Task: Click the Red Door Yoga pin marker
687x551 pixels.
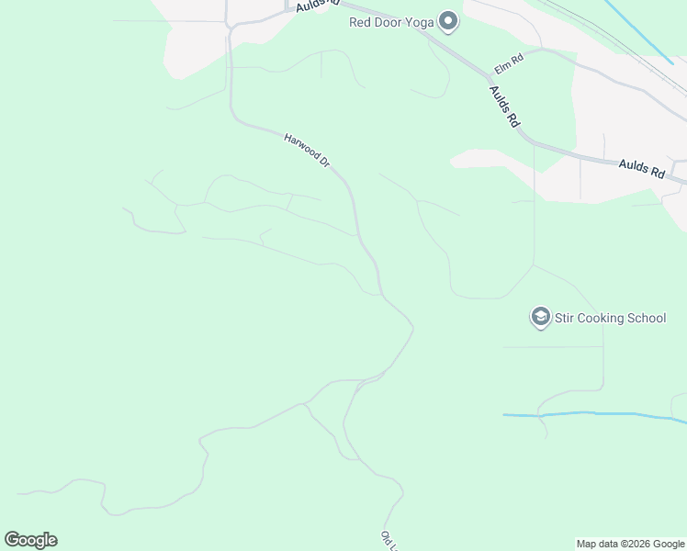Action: click(448, 20)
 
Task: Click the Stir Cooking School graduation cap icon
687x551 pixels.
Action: click(539, 318)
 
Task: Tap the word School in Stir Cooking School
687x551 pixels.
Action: click(648, 319)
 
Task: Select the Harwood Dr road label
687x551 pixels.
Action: click(307, 150)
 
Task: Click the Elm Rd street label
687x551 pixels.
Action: click(508, 63)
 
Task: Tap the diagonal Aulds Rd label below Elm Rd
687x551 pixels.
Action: click(505, 106)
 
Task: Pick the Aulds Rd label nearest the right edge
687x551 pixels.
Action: click(641, 165)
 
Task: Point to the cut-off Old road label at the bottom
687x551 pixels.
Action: click(389, 541)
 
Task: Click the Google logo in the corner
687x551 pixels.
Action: click(30, 540)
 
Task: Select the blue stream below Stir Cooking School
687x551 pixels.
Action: click(597, 415)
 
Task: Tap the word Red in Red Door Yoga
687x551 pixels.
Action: click(360, 22)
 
